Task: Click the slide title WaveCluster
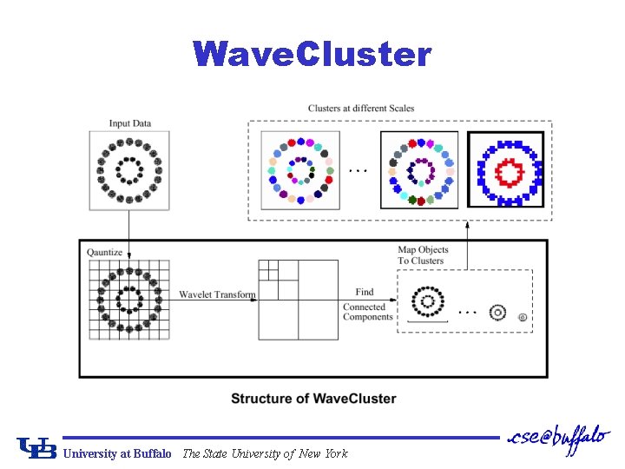tap(312, 55)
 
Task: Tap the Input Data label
tap(130, 123)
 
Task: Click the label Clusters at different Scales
tap(361, 109)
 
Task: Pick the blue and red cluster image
tap(506, 169)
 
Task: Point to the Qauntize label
tap(104, 253)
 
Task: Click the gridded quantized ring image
tap(128, 299)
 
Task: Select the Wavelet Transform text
tap(217, 295)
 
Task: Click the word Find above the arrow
tap(365, 292)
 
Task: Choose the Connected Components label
tap(368, 312)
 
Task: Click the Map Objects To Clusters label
tap(421, 255)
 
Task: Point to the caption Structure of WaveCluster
tap(313, 399)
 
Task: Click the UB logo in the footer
tap(36, 447)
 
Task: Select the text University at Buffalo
tap(116, 453)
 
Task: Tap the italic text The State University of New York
tap(265, 453)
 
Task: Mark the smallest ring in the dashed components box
tap(522, 318)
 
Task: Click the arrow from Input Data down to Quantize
tap(128, 234)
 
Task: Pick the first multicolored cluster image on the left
tap(299, 170)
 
